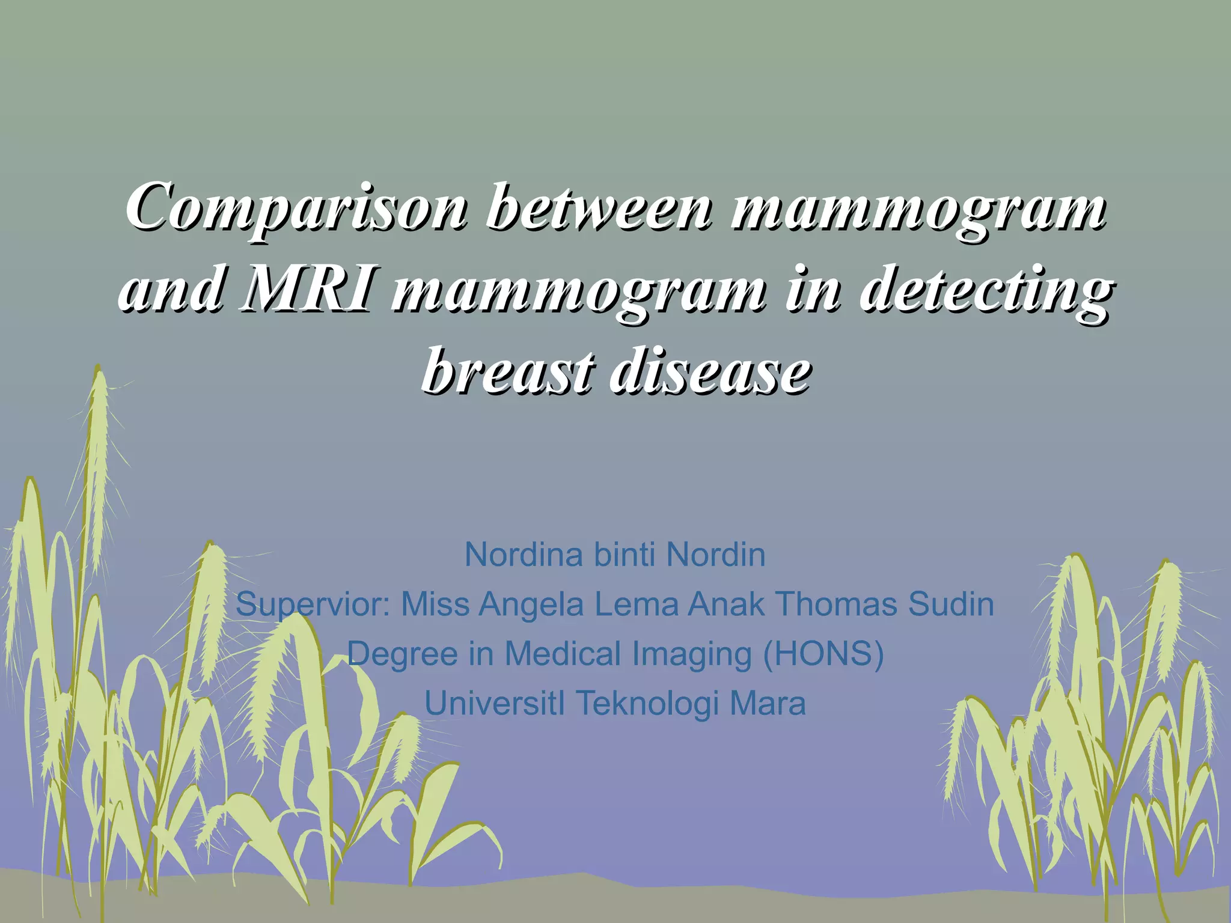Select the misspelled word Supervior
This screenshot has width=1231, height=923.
pyautogui.click(x=313, y=604)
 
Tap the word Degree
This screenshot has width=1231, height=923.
pyautogui.click(x=402, y=654)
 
